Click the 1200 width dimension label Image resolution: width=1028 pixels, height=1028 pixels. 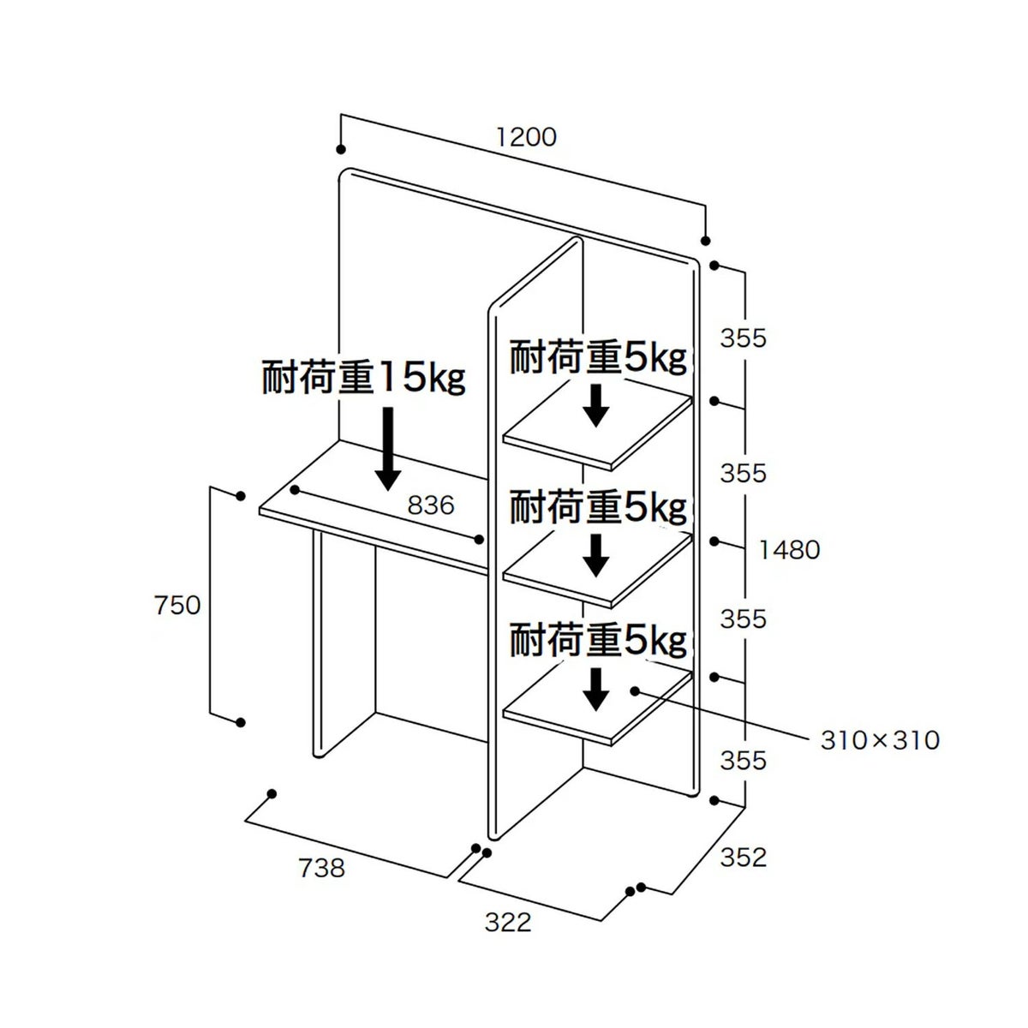526,137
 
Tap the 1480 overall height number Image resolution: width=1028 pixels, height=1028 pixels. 789,550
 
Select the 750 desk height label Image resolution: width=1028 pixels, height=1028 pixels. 177,606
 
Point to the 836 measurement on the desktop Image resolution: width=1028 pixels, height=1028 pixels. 431,505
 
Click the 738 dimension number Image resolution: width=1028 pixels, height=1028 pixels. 322,868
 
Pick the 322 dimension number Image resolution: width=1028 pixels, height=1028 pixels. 508,922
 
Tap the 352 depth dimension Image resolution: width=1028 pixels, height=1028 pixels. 743,858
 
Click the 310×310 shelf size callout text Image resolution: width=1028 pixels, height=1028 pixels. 880,740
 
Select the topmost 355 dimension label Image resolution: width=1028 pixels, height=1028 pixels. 743,338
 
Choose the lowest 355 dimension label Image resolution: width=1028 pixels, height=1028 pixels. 743,760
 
